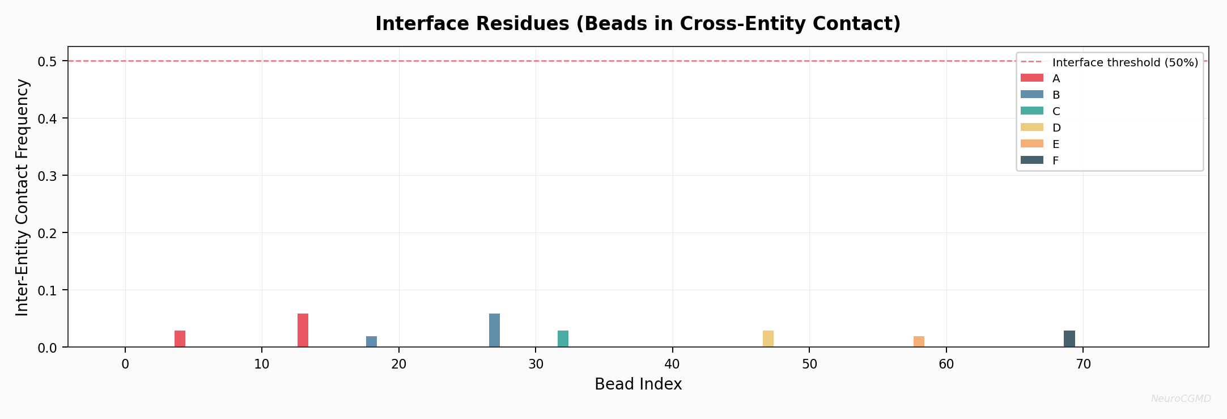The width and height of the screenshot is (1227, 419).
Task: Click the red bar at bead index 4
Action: [180, 338]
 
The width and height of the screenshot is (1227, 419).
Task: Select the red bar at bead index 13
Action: [303, 330]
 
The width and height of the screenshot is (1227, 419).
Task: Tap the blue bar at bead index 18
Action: [371, 341]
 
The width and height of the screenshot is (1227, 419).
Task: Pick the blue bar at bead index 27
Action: [494, 330]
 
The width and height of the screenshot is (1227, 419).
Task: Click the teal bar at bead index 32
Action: [563, 338]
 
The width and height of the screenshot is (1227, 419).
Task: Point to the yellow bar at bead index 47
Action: [768, 338]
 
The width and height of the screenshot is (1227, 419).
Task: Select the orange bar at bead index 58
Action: [919, 341]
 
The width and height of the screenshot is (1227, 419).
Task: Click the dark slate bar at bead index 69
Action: [1069, 338]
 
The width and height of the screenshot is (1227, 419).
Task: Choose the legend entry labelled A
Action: [1056, 78]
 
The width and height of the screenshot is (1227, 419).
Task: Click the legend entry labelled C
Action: [1056, 111]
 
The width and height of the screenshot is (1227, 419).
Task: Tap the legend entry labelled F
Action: [1055, 160]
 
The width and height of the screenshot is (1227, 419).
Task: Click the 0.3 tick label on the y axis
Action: [48, 176]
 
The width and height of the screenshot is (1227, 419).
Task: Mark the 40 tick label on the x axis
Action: [672, 364]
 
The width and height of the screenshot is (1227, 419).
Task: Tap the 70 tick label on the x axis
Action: [1082, 364]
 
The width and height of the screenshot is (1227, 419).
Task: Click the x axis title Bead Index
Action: [638, 384]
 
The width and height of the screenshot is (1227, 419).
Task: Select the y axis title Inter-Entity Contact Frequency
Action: [22, 197]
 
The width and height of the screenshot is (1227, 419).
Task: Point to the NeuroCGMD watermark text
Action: [1181, 399]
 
